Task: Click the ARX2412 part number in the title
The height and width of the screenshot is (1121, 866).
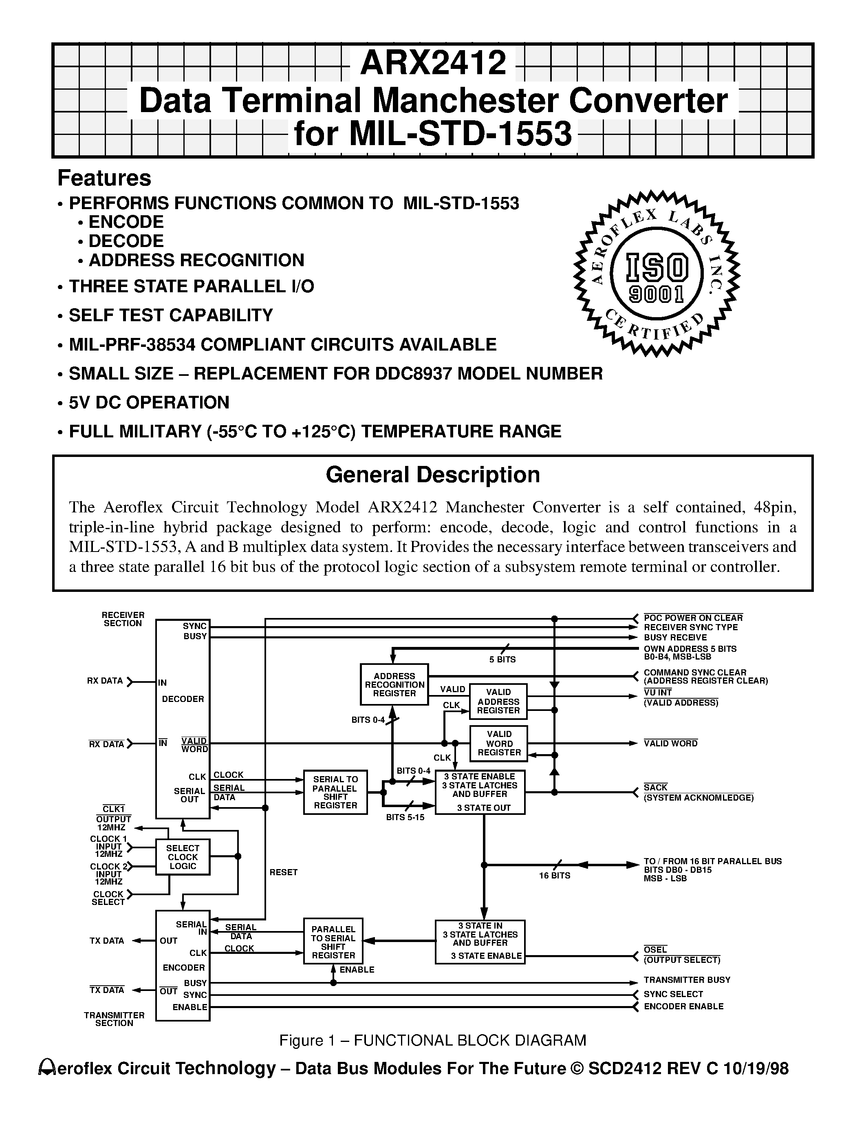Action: point(433,63)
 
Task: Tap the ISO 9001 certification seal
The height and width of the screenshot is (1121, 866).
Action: point(656,273)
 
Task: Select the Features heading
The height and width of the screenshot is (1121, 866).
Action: point(104,178)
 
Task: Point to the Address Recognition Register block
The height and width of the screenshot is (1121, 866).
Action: point(394,684)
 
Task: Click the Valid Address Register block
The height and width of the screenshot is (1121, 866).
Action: point(498,701)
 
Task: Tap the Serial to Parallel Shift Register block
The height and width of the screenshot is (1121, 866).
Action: point(335,792)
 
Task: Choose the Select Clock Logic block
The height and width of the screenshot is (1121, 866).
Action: point(183,857)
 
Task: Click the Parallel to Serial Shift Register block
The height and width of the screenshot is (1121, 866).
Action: point(333,942)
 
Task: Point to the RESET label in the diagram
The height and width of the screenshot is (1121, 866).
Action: point(283,872)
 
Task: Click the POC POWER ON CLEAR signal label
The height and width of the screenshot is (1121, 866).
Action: point(693,618)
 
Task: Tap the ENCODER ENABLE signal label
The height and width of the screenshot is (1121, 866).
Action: point(683,1006)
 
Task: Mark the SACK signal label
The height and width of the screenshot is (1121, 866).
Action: point(656,788)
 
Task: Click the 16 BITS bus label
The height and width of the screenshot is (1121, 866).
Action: point(554,875)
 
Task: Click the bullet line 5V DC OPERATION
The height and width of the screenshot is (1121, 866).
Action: point(149,402)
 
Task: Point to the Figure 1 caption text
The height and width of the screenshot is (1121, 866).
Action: point(432,1040)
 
